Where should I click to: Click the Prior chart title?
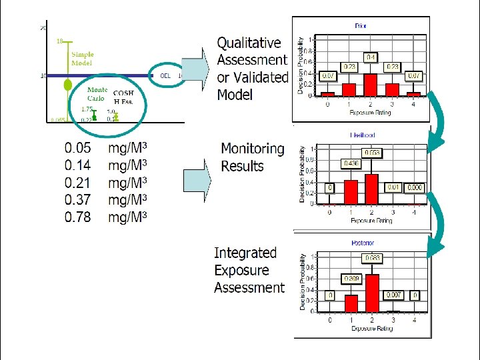coord(361,26)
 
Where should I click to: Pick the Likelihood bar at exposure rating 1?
coord(351,191)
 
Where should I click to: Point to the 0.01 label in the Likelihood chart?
coord(395,188)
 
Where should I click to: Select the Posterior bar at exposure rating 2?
coord(372,293)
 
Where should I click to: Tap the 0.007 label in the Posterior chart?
coord(393,295)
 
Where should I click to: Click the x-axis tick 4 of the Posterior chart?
coord(414,321)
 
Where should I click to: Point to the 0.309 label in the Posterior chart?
coord(351,278)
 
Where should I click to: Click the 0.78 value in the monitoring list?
coord(78,217)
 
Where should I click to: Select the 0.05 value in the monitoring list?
coord(78,147)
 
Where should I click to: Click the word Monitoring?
coord(252,149)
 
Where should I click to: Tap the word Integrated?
coord(245,253)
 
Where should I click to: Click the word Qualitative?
coord(249,43)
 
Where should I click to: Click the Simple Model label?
coord(83,59)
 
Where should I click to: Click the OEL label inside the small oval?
coord(165,75)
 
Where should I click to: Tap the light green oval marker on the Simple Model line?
coord(67,85)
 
